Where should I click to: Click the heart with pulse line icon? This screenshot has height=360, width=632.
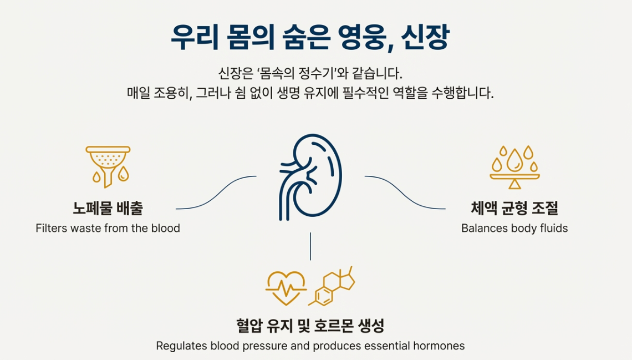tap(286, 287)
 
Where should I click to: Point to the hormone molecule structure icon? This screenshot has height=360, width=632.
tap(334, 286)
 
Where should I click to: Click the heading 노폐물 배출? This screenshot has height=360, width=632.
tap(108, 209)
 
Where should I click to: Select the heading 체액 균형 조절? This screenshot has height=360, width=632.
tap(514, 209)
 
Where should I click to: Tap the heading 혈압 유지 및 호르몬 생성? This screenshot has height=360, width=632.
tap(310, 326)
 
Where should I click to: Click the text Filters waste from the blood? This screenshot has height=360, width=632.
tap(108, 228)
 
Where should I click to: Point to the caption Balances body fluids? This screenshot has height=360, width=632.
tap(514, 228)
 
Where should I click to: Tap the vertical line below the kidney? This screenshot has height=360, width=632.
tap(310, 246)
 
